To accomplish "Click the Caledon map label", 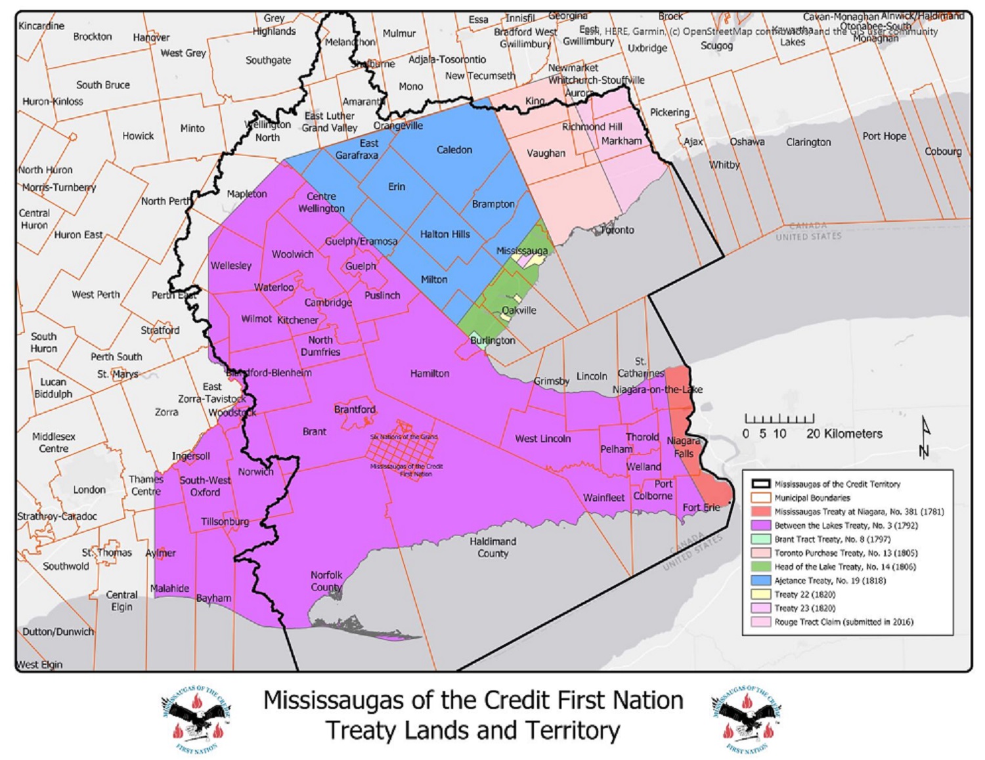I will click(454, 150).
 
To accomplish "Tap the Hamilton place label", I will click(429, 373).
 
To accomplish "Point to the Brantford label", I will click(355, 410).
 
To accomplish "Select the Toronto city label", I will click(618, 230).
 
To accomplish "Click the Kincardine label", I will click(41, 26).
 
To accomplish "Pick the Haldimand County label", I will click(492, 547).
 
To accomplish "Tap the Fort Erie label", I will click(701, 507).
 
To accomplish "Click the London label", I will click(89, 490).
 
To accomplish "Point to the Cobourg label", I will click(943, 151).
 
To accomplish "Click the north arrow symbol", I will click(925, 436).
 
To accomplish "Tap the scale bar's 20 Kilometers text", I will click(844, 434).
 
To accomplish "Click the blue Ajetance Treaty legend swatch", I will click(761, 581).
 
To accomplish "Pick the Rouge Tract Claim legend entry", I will click(843, 622).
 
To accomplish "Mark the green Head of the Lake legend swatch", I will click(761, 567).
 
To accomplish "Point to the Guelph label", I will click(361, 266).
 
